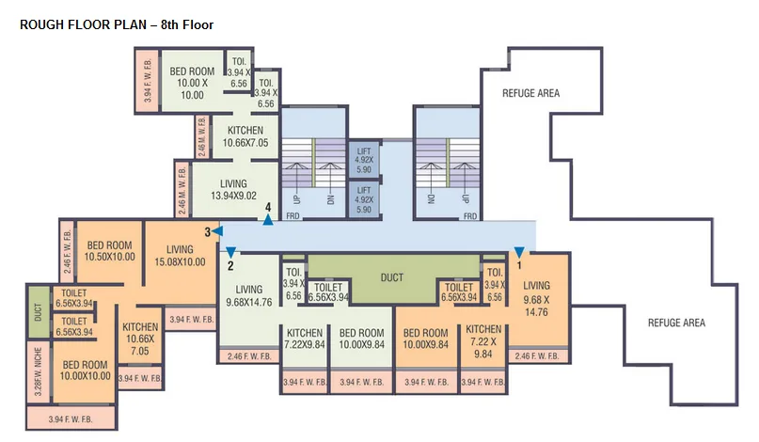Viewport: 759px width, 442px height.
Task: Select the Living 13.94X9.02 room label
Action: point(233,190)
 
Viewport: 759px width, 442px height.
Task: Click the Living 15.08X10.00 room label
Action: point(180,256)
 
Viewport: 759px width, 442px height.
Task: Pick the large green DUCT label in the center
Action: point(392,278)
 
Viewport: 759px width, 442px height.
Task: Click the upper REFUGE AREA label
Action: point(530,93)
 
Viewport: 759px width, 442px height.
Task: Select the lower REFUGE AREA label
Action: point(676,323)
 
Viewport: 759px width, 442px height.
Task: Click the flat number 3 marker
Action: point(207,231)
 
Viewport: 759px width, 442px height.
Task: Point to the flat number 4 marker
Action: point(268,206)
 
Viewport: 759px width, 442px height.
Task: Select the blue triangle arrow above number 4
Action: point(268,220)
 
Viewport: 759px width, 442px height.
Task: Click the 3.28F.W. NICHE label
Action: point(36,372)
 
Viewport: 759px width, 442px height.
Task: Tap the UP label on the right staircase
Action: point(465,199)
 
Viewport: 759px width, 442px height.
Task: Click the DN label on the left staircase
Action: point(330,199)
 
